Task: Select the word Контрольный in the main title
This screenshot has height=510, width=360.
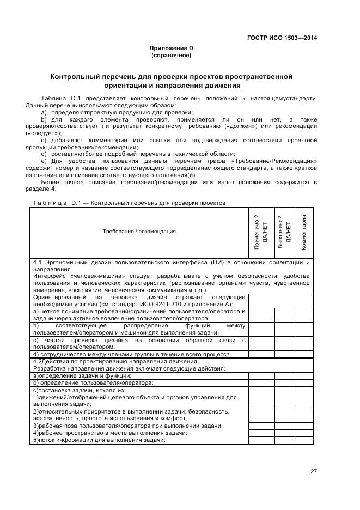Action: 85,76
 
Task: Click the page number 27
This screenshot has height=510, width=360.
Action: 313,471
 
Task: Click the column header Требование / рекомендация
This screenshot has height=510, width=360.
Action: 139,232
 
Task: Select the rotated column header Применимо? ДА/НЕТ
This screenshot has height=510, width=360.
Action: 261,232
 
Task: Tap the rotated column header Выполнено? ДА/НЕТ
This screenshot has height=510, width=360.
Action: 285,232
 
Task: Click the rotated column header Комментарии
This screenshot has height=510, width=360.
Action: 304,232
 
